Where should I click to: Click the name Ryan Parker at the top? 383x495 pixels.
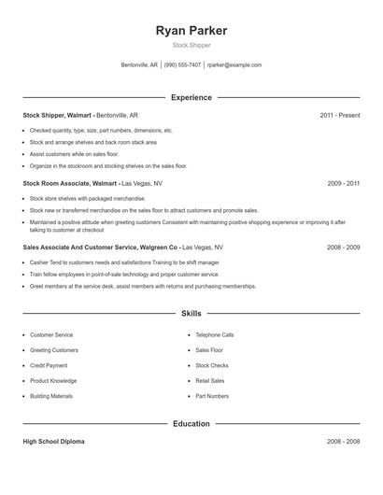tap(191, 31)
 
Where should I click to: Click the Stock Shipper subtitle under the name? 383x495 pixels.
tap(191, 45)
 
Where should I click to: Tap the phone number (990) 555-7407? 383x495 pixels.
tap(183, 65)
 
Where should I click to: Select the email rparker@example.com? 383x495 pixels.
tap(234, 65)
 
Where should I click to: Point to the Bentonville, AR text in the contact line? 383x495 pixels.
tap(140, 65)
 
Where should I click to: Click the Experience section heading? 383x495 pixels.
tap(191, 97)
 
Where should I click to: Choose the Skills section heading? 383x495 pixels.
tap(191, 315)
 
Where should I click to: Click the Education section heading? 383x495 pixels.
tap(191, 423)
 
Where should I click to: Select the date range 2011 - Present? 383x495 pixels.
tap(339, 115)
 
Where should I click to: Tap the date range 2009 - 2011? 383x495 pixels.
tap(343, 184)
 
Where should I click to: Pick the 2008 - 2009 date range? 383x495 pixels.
tap(343, 247)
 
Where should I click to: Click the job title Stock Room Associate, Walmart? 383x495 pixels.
tap(69, 184)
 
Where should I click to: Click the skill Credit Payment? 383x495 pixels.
tap(49, 365)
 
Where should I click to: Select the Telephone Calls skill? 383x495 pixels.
tap(215, 334)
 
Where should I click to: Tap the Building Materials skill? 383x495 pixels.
tap(51, 396)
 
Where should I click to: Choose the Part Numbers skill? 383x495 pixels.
tap(212, 396)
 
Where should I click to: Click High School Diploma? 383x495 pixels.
tap(53, 440)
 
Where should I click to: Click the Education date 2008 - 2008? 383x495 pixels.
tap(343, 440)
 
